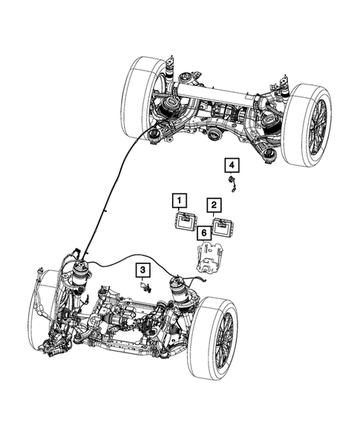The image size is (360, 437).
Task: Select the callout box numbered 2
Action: click(x=214, y=204)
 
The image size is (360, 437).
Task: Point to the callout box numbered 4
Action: click(x=232, y=165)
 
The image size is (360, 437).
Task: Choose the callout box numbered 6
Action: click(x=203, y=234)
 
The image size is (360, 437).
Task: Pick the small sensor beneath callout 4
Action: click(x=233, y=183)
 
